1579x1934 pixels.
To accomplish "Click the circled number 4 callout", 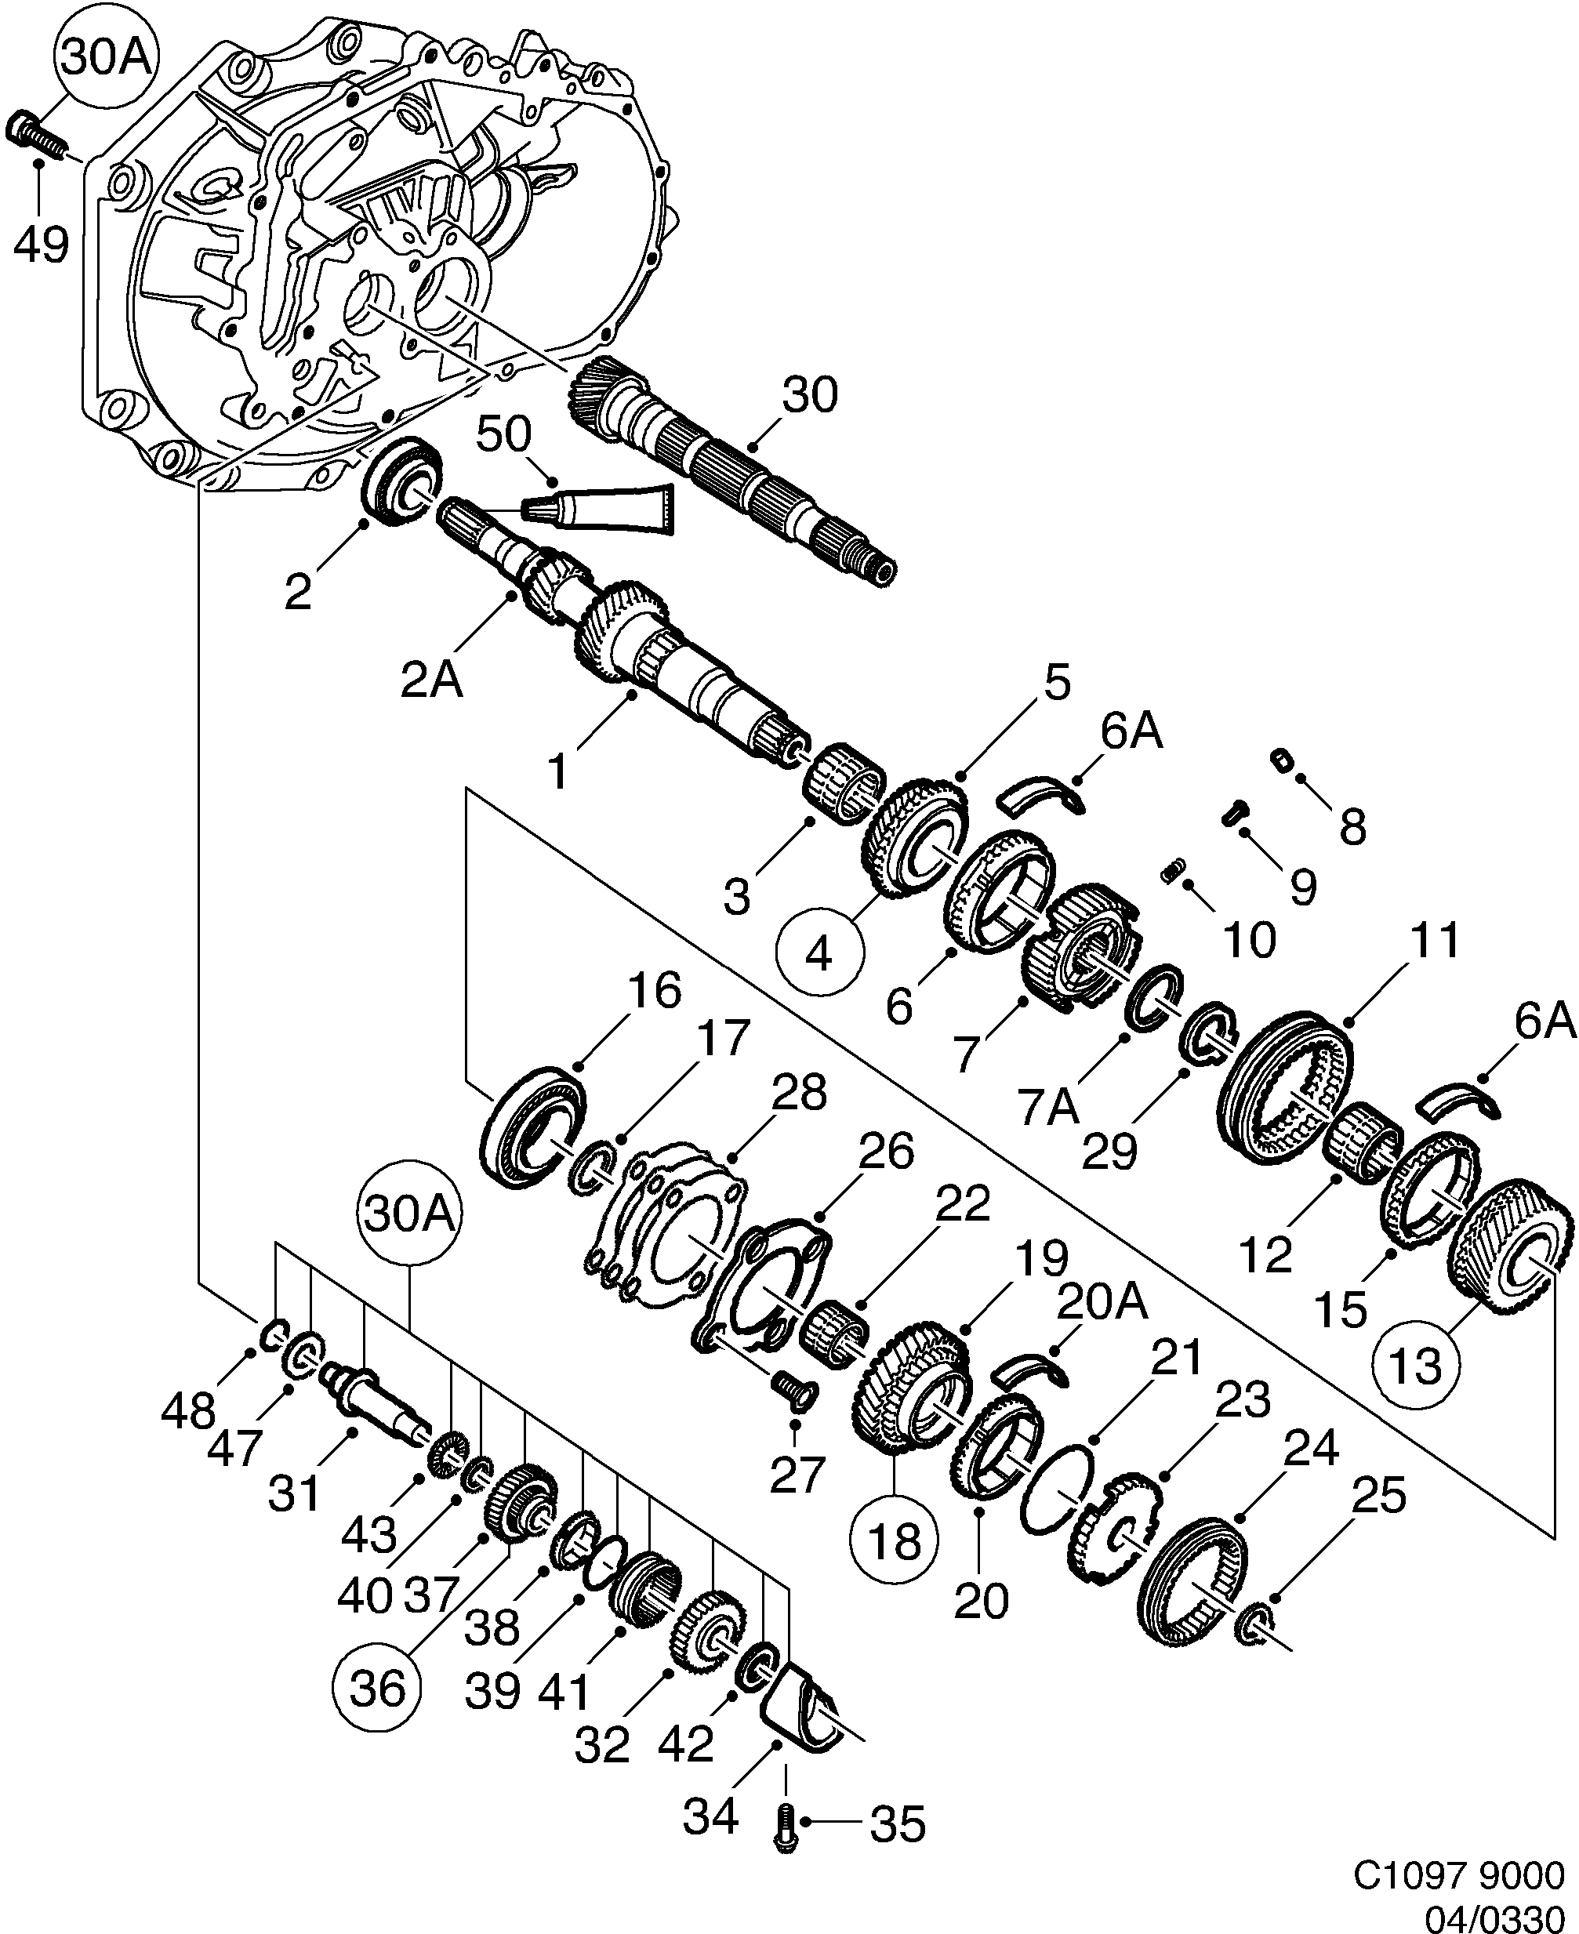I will click(x=819, y=955).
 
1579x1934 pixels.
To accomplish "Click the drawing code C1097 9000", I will click(x=1458, y=1871).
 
